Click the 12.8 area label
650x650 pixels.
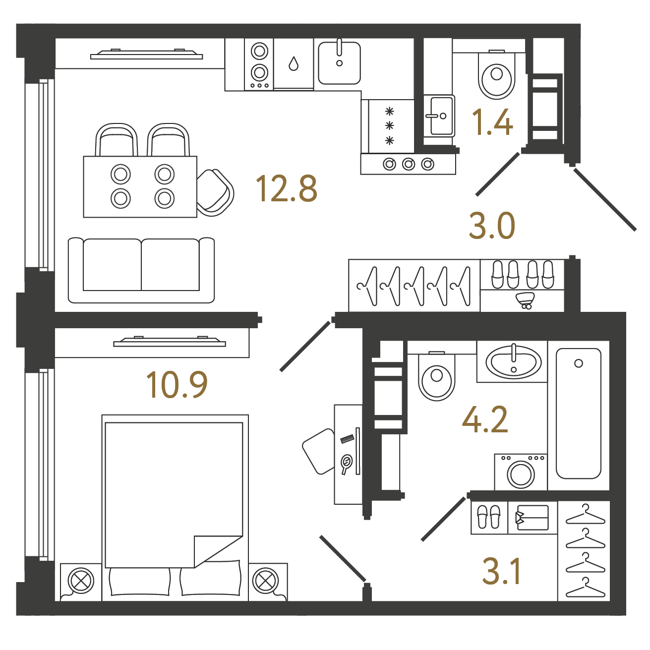coord(287,189)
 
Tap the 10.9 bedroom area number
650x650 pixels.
coord(177,385)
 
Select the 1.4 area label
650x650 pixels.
coord(492,122)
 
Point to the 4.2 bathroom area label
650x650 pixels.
coord(485,419)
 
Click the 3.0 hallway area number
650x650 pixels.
coord(492,226)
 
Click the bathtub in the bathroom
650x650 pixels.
coord(579,414)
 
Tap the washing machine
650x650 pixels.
coord(521,472)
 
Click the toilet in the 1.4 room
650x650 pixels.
coord(496,75)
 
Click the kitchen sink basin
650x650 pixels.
coord(339,63)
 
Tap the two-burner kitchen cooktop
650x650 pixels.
coord(259,64)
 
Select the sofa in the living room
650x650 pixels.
coord(141,270)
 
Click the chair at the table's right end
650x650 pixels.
coord(216,192)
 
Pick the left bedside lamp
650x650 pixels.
coord(81,581)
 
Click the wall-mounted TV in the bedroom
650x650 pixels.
coord(170,342)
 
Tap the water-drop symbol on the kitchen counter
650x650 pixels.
coord(294,63)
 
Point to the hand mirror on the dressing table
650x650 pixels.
coord(346,464)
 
